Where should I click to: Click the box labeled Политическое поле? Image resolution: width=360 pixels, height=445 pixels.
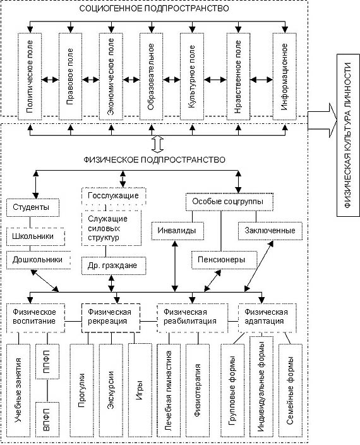coord(30,76)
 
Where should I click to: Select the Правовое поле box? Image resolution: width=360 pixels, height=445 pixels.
coord(70,76)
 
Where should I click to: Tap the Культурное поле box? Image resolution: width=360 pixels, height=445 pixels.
coord(192,76)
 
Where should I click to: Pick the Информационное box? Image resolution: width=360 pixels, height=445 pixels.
coord(285,76)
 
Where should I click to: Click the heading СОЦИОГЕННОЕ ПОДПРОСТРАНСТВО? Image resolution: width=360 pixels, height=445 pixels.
coord(154,8)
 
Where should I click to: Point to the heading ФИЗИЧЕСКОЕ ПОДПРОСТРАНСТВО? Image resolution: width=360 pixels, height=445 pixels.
coord(154,160)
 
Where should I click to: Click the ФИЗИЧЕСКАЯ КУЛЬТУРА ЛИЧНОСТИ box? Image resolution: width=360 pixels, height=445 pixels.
coord(349,135)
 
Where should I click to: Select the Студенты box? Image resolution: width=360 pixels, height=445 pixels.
coord(33,207)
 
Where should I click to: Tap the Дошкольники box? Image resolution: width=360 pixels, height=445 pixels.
coord(39,260)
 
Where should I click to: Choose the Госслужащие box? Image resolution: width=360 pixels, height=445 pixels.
coord(114,196)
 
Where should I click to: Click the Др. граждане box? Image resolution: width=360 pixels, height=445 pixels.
coord(114,265)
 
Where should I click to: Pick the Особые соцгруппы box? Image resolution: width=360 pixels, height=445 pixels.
coord(229,202)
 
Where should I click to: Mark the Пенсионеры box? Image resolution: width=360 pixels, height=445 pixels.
coord(224,260)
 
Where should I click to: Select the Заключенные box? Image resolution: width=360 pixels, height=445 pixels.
coord(270,231)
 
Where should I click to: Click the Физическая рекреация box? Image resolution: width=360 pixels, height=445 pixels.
coord(111,318)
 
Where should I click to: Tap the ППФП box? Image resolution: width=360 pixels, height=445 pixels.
coord(47,362)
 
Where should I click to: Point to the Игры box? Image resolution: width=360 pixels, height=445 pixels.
coord(140,391)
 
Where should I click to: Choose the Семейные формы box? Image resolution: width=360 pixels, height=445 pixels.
coord(291,391)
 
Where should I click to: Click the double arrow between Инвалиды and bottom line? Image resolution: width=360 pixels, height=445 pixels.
coord(175,266)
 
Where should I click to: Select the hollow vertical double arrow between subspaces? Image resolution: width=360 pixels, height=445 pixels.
coord(158,144)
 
